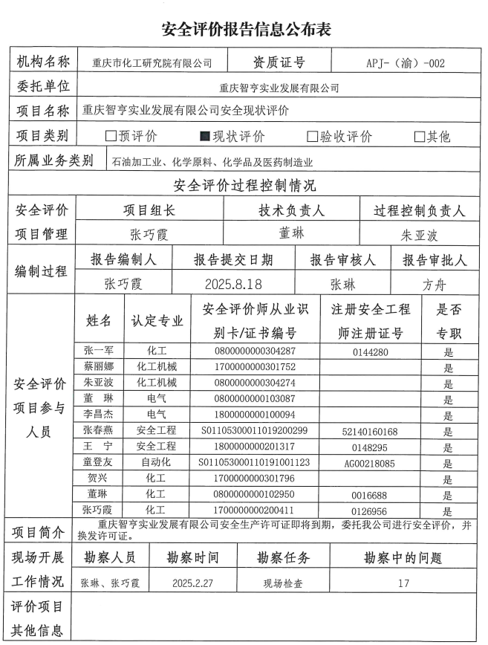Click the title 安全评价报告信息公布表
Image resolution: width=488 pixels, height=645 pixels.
click(x=246, y=29)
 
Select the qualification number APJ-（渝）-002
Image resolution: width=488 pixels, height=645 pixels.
click(x=406, y=63)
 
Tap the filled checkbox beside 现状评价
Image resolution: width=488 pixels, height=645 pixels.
click(x=206, y=136)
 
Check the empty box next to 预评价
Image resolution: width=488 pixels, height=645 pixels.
click(x=111, y=136)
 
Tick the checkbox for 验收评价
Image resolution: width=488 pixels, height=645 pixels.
click(x=313, y=136)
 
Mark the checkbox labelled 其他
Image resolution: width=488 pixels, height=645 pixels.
click(x=420, y=136)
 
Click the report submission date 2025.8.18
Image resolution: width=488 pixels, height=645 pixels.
click(x=233, y=283)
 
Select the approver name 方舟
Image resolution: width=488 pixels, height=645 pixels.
click(x=435, y=283)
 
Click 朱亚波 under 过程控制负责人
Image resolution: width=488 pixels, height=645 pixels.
click(x=420, y=235)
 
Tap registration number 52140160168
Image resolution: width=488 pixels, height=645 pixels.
click(x=370, y=431)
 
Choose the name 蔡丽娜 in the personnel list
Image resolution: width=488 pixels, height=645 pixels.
click(x=99, y=367)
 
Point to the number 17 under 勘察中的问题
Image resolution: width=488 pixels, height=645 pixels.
click(x=403, y=583)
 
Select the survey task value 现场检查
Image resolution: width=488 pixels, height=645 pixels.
click(x=283, y=583)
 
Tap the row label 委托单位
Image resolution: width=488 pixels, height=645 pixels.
click(x=43, y=86)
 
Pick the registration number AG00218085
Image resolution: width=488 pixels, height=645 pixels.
click(x=370, y=462)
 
